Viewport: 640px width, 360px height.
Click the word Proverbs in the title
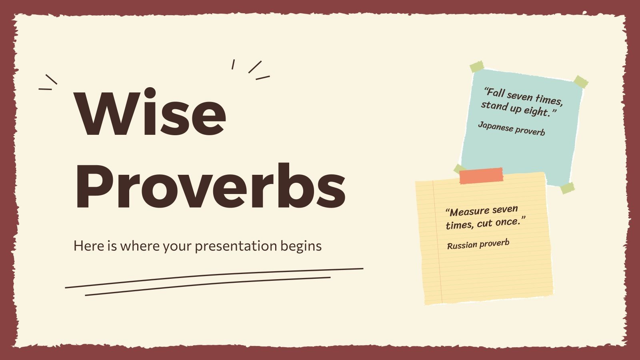[x=210, y=187]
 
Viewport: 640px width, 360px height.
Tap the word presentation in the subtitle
[x=235, y=246]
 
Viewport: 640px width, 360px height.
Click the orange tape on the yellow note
[x=481, y=176]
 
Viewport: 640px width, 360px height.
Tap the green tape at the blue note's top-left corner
[x=476, y=67]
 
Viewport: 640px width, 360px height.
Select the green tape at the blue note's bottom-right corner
[x=567, y=188]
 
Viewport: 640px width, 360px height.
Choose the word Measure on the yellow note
[x=470, y=211]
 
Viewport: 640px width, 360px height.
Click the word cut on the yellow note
[x=484, y=223]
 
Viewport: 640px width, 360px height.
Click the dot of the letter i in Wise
[x=150, y=93]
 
